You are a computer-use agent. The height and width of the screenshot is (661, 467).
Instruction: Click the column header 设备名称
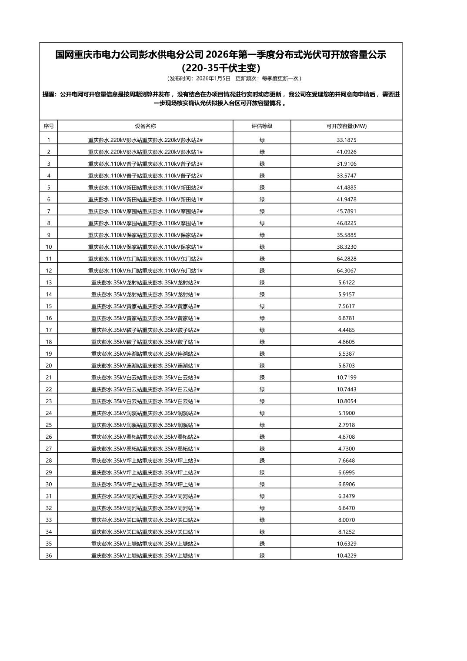(145, 126)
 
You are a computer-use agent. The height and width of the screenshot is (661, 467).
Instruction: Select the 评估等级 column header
(262, 126)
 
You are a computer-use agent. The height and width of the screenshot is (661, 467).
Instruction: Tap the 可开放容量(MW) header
(346, 126)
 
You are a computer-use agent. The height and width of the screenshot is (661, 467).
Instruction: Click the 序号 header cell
(49, 126)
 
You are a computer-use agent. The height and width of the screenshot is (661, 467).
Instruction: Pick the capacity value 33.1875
(346, 140)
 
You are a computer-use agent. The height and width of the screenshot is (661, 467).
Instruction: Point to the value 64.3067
(346, 270)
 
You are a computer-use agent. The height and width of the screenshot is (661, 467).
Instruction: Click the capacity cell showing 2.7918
(346, 425)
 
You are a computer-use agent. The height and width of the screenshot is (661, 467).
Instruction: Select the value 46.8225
(346, 223)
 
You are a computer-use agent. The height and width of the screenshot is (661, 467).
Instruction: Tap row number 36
(49, 555)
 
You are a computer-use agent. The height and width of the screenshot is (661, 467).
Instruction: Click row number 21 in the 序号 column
(49, 377)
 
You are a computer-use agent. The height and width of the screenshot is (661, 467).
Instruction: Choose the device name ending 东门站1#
(145, 270)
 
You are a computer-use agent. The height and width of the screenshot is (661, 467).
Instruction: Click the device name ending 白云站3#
(145, 377)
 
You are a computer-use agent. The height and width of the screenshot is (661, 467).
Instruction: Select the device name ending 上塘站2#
(145, 544)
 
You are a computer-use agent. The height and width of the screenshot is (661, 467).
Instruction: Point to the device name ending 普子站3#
(145, 164)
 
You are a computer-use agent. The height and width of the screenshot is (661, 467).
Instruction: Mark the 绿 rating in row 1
(262, 140)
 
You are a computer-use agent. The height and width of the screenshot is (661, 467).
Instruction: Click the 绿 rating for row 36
(262, 555)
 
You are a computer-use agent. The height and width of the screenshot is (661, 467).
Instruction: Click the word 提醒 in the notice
(49, 94)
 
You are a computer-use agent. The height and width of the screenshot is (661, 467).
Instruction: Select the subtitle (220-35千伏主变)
(221, 68)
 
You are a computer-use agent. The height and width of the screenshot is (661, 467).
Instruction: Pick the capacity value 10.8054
(346, 401)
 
